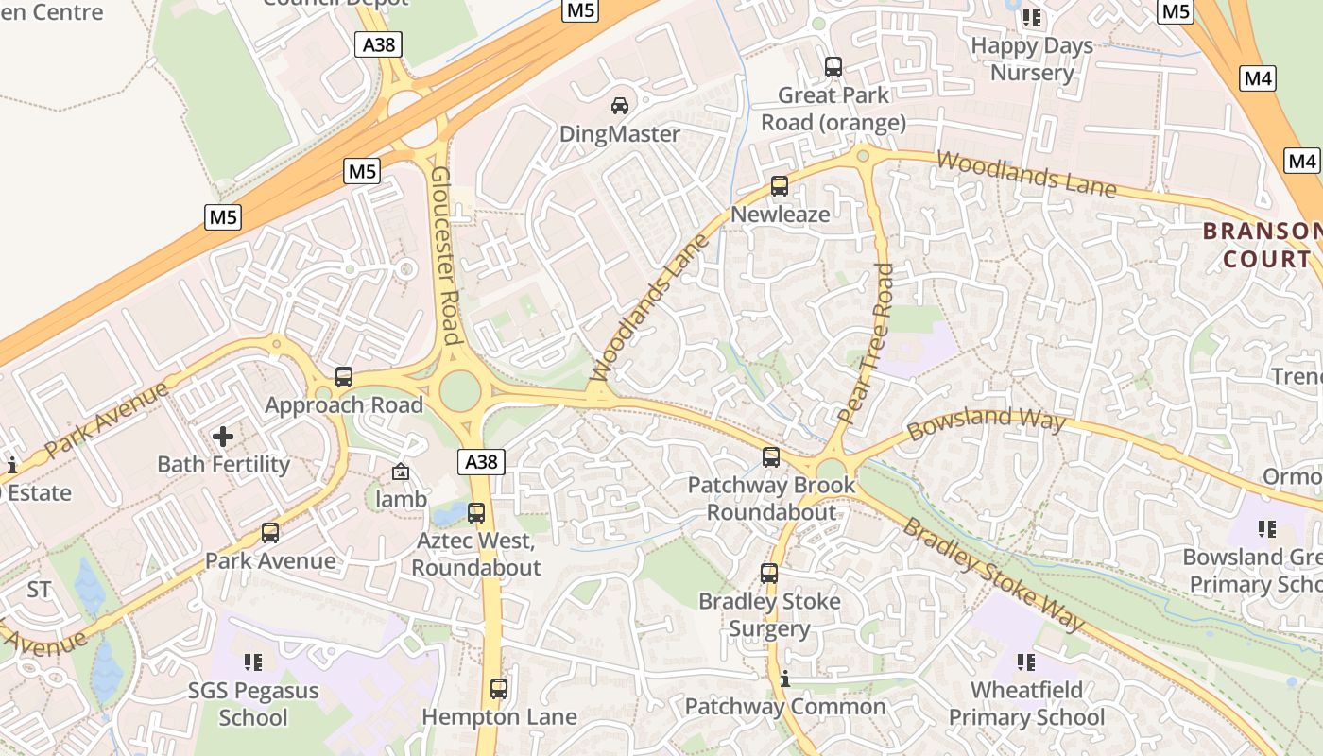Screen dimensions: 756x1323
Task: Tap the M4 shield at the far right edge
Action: click(x=1302, y=162)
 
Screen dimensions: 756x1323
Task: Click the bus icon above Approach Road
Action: click(x=344, y=377)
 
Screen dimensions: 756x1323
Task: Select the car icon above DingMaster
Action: click(x=620, y=106)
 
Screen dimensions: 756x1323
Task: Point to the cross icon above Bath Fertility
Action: click(x=223, y=437)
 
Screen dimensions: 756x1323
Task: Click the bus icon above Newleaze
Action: click(x=780, y=186)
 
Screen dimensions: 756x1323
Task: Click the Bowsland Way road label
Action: click(x=986, y=423)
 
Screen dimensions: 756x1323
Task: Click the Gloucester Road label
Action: click(x=445, y=255)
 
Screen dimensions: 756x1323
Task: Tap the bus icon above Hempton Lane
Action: click(x=499, y=689)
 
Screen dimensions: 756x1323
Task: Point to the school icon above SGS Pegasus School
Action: click(x=252, y=662)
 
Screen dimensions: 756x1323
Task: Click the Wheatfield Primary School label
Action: click(x=1026, y=704)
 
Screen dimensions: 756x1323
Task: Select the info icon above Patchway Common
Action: click(x=784, y=679)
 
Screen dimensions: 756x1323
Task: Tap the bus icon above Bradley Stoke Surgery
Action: click(x=769, y=573)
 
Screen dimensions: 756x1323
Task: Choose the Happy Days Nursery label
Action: click(x=1032, y=59)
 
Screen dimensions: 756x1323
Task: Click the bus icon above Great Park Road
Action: click(x=833, y=67)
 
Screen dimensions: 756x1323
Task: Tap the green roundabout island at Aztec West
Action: click(x=460, y=390)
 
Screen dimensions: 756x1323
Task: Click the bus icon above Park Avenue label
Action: click(x=270, y=533)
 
